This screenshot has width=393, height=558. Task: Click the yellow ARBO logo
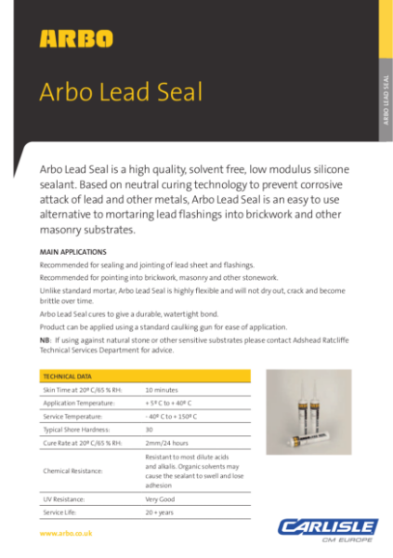76,38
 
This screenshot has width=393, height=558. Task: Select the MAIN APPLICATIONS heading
72,252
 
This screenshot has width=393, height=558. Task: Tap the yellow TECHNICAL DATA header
66,376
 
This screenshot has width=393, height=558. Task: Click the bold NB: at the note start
45,341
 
